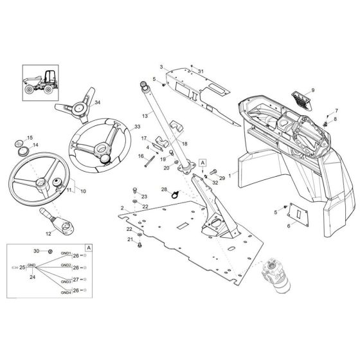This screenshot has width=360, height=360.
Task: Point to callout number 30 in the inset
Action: [37, 251]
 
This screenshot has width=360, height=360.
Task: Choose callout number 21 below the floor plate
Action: [129, 239]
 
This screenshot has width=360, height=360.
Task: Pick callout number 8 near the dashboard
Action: [335, 120]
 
